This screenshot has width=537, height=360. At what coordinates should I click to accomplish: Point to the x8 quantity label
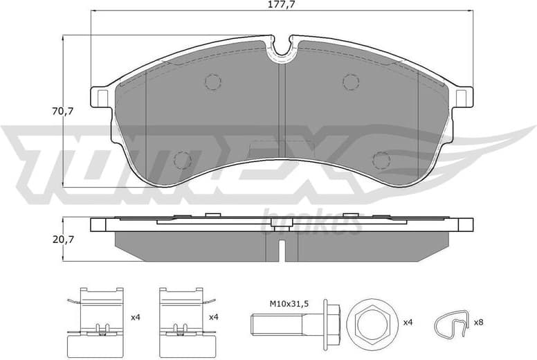(478, 323)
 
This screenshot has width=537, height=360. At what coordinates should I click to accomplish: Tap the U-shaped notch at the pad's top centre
(280, 47)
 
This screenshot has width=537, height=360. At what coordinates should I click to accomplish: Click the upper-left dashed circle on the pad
(212, 82)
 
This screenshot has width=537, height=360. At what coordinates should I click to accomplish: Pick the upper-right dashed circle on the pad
(351, 82)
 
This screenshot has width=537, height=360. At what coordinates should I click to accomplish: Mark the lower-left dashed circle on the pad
(182, 159)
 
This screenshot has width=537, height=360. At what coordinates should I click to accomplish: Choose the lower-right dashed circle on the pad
(381, 159)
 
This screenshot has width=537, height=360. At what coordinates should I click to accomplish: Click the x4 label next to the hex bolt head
(408, 323)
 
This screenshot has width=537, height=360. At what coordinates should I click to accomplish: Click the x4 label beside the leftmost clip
(136, 317)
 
